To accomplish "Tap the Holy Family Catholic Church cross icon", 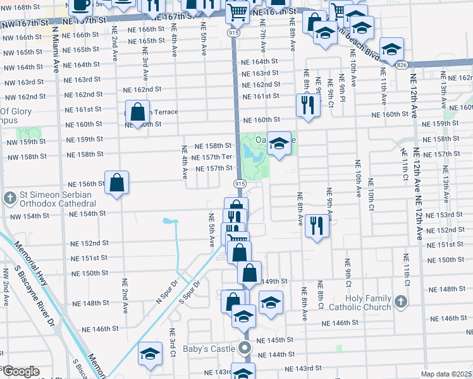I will (x=400, y=302).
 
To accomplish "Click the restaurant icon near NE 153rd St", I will (x=316, y=225).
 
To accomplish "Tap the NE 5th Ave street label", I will (x=212, y=230).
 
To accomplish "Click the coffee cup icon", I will (x=81, y=5).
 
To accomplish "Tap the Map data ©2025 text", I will (x=445, y=374).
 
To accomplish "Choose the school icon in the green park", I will (x=278, y=143).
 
